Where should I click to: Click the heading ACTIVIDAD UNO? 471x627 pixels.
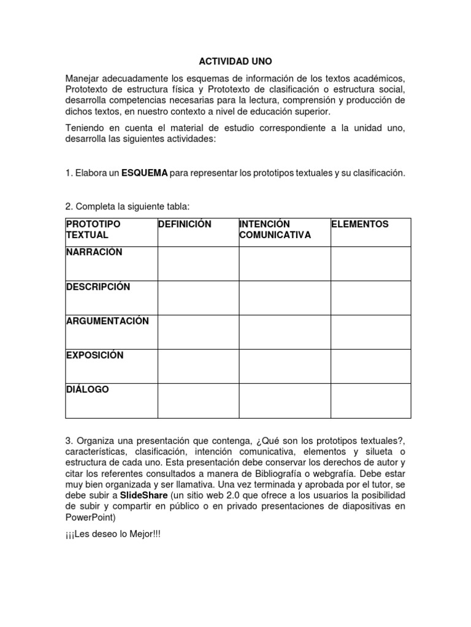(235, 62)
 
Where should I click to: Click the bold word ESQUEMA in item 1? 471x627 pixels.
(144, 173)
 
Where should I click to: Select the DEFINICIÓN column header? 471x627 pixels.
(185, 225)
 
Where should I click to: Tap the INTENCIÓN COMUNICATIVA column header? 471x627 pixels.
(275, 230)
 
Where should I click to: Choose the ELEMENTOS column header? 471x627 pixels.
(359, 225)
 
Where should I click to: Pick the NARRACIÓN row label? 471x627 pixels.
(94, 252)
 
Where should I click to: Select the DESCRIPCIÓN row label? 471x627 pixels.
(98, 287)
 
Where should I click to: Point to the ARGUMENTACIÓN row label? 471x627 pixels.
(107, 321)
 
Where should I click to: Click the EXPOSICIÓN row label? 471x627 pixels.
(95, 355)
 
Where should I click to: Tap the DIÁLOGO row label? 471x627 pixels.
(87, 389)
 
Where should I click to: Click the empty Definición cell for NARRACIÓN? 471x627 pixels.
(197, 264)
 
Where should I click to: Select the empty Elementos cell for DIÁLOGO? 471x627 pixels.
(370, 401)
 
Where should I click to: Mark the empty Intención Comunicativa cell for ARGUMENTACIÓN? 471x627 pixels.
(285, 332)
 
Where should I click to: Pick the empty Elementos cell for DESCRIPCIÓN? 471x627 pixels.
(370, 298)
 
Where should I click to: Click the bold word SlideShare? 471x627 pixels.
(144, 494)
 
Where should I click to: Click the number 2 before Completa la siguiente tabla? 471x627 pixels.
(68, 208)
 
